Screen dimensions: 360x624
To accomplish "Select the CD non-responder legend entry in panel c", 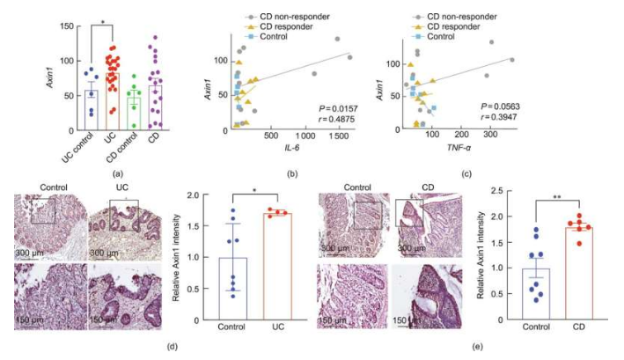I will (458, 14).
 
